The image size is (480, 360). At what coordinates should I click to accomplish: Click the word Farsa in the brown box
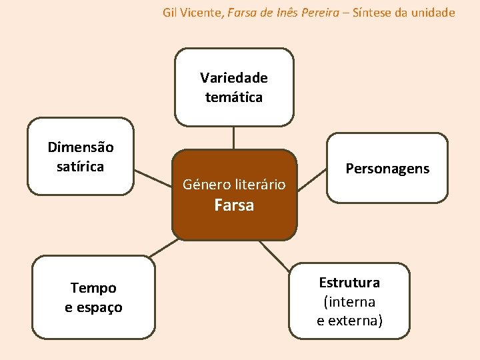pos(234,205)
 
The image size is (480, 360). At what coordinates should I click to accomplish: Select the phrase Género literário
pos(234,183)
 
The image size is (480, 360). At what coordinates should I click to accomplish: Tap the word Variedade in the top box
pos(234,78)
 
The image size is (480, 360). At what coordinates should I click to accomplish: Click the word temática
pos(234,97)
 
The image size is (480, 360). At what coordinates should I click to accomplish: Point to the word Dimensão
pos(81,147)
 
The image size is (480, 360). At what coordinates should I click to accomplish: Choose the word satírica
pos(81,167)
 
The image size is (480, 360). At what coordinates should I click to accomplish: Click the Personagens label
pos(387,169)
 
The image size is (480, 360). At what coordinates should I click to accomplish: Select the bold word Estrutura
pos(349,282)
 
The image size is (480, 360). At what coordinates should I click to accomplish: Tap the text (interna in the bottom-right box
pos(349,301)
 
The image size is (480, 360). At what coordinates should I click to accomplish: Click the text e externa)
pos(349,321)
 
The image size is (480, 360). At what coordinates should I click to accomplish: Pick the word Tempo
pos(93,288)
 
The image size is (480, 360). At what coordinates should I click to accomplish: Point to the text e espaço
pos(93,307)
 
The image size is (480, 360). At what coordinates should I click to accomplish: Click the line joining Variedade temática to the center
pos(234,137)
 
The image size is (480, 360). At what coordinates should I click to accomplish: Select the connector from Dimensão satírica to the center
pos(153,180)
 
